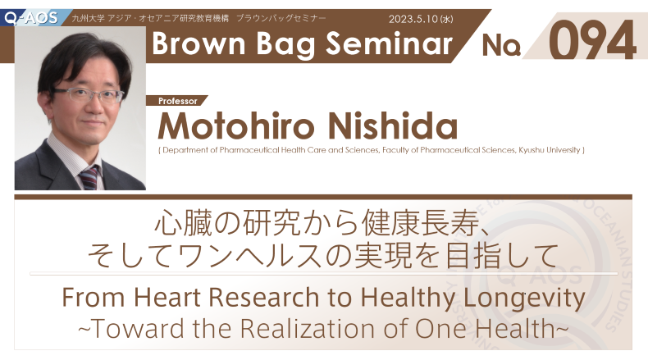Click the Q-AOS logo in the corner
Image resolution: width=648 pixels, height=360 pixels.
click(30, 17)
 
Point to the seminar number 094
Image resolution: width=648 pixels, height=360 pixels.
click(592, 41)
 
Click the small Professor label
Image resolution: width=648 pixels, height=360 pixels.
click(178, 101)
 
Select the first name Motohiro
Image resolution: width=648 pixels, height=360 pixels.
click(236, 125)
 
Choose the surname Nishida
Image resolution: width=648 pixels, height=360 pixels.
click(393, 125)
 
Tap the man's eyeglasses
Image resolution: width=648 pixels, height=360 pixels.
click(89, 95)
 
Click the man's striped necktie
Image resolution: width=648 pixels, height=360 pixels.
click(89, 178)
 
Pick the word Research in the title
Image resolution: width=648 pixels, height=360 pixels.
click(264, 297)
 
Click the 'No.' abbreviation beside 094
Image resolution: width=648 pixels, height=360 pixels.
click(501, 45)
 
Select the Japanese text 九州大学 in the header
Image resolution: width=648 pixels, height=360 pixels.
click(88, 19)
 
